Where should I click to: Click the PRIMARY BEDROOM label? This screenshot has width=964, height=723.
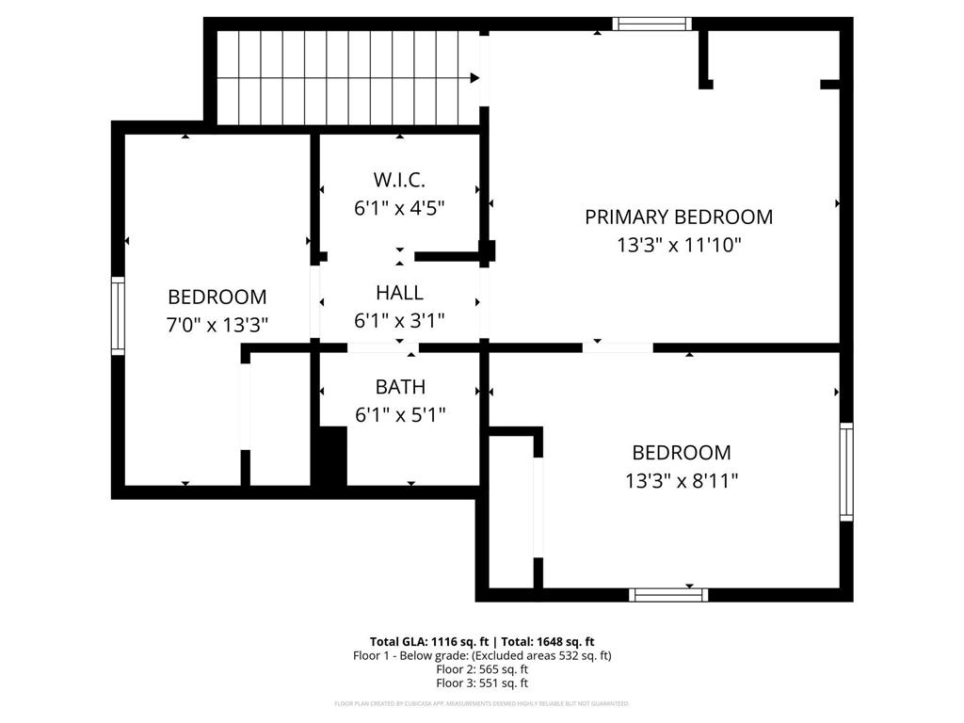click(679, 217)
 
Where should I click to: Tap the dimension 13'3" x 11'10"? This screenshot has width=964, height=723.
click(679, 246)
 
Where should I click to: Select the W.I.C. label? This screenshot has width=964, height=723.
click(399, 180)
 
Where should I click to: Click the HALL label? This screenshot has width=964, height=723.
click(399, 293)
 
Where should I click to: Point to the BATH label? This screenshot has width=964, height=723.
click(399, 387)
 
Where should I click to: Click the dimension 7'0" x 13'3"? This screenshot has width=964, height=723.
click(217, 325)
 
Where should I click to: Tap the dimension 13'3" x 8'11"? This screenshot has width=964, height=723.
click(681, 481)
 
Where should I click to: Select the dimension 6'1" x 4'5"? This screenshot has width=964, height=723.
click(399, 208)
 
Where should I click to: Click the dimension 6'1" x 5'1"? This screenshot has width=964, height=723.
click(399, 414)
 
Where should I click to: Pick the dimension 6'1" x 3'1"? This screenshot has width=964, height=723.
click(399, 320)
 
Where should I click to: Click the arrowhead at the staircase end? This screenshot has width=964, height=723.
click(474, 78)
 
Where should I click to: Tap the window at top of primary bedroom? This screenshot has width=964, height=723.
click(651, 24)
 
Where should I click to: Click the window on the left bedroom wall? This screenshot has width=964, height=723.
click(118, 315)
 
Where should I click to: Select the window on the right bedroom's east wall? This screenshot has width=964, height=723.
click(845, 472)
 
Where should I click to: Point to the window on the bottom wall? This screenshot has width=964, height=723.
click(667, 594)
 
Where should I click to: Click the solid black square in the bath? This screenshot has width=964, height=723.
click(329, 457)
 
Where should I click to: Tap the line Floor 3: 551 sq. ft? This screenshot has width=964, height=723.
click(481, 683)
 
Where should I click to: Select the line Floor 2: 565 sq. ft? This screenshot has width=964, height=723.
click(481, 669)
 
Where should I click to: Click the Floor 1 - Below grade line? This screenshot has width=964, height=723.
click(481, 655)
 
